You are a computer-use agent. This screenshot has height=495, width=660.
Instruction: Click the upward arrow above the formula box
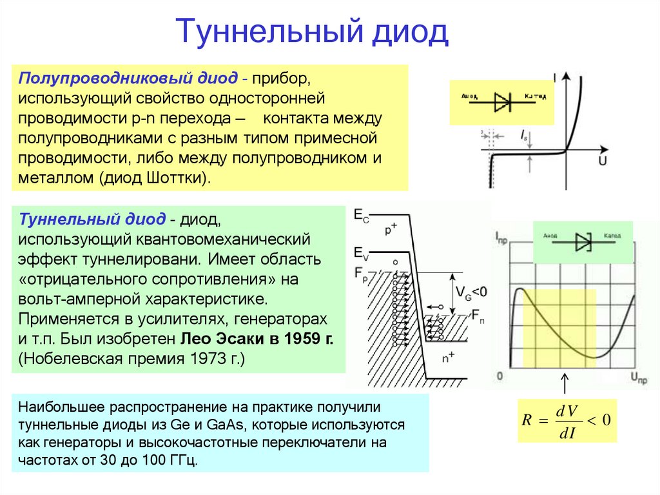(x=565, y=383)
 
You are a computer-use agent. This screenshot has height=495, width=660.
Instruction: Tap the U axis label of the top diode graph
(x=602, y=161)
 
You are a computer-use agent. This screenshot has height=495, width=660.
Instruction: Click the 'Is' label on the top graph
(x=525, y=134)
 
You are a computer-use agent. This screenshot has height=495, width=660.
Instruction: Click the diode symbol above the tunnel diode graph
(x=583, y=241)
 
